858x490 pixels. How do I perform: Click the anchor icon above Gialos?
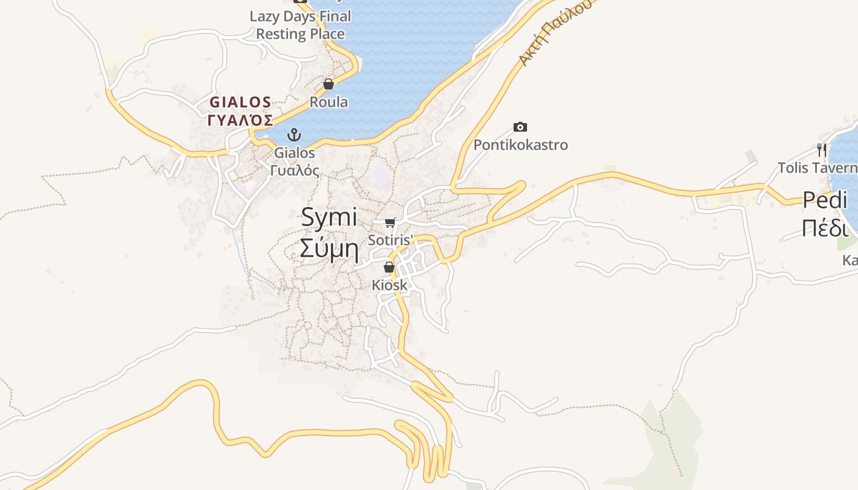point(295,134)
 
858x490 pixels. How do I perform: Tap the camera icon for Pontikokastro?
point(520,127)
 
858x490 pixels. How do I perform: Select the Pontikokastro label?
point(520,145)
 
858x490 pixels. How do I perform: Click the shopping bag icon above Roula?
point(328,84)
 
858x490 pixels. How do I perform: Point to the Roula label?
point(328,102)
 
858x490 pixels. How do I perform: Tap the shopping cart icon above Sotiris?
point(390,222)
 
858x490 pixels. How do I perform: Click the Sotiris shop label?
point(391,239)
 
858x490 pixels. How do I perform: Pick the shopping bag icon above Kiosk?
point(389,267)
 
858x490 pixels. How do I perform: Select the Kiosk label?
point(389,285)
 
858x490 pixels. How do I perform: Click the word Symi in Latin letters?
point(328,217)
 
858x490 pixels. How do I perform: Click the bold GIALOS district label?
point(240,102)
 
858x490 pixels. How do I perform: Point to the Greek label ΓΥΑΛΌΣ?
point(240,120)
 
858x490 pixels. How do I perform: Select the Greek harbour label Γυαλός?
point(295,170)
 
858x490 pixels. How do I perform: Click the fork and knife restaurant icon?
point(822,149)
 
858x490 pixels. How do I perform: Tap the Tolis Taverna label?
point(818,167)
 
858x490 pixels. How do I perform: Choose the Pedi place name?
point(824,200)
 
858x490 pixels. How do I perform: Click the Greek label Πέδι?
point(824,228)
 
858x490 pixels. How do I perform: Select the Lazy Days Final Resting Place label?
point(300,25)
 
